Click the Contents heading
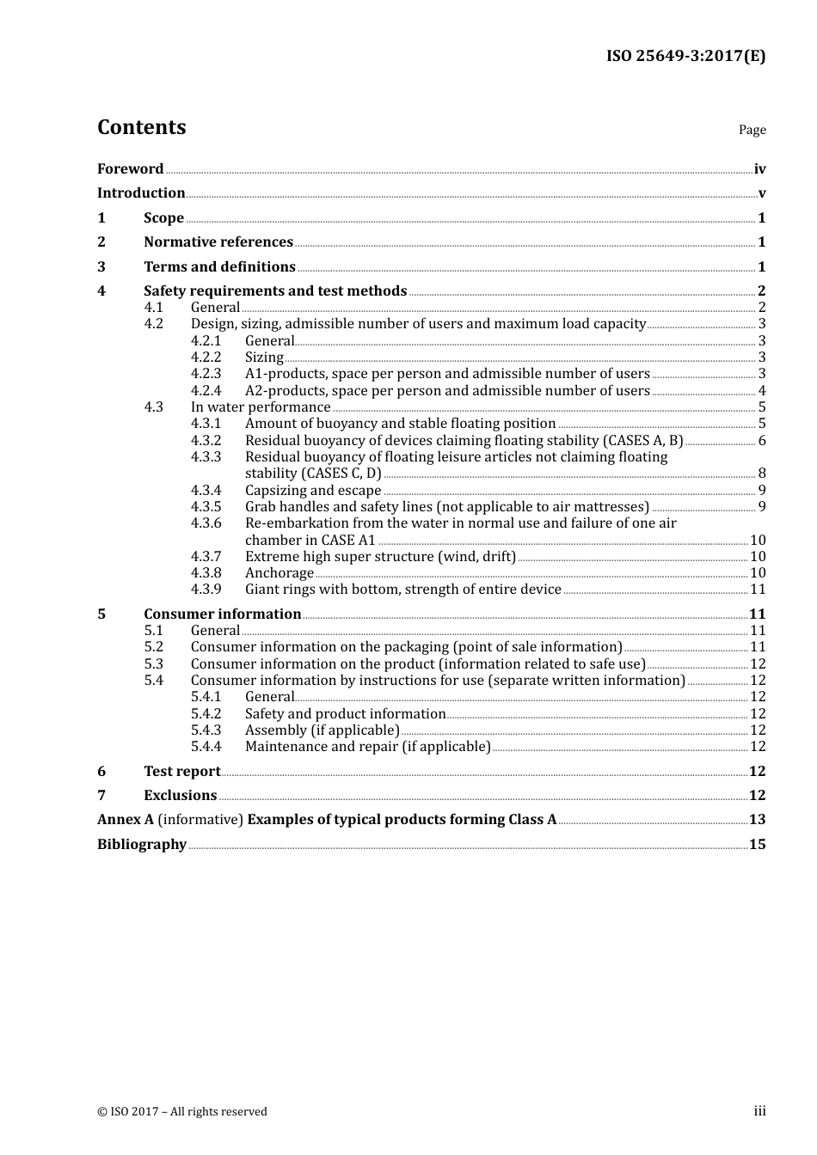coord(141,127)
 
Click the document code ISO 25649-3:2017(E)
coord(685,57)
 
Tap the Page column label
coord(752,130)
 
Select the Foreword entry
coord(130,169)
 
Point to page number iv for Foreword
coord(759,169)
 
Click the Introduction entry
coord(141,193)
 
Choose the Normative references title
coord(218,242)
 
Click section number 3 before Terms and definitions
coord(101,267)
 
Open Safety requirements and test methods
coord(275,291)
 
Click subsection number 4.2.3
coord(206,374)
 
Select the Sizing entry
coord(264,357)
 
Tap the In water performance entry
coord(261,407)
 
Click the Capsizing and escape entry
coord(313,491)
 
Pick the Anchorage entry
coord(279,573)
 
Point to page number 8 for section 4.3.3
coord(762,474)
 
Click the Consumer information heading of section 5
coord(222,614)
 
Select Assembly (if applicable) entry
coord(322,730)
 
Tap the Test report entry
coord(182,772)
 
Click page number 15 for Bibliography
coord(757,845)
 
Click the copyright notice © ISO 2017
coord(182,1112)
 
